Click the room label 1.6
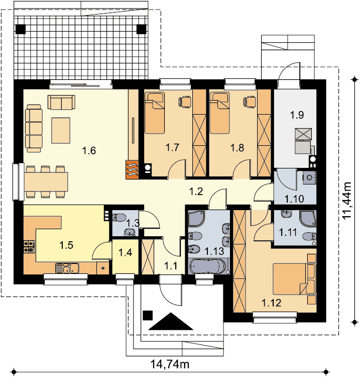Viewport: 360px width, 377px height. coord(89,151)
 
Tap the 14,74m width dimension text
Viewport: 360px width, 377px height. coord(170,364)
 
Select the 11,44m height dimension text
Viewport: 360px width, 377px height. coord(347,200)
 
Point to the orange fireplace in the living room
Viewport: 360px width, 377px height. coord(132,170)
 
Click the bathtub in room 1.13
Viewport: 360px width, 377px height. coord(208,266)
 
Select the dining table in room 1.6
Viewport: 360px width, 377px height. coord(46,181)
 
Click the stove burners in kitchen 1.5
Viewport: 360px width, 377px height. coord(29,247)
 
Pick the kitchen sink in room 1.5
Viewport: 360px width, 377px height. coord(67,268)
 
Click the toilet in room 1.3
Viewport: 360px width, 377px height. coord(118,218)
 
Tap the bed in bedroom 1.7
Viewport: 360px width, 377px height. coord(155,113)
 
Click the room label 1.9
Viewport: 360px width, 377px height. coord(297,115)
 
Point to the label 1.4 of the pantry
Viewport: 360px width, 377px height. coord(126,253)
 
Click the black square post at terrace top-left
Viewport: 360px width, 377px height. coord(21,29)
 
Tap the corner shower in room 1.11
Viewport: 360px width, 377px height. coord(308,219)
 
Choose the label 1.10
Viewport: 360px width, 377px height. coord(294,199)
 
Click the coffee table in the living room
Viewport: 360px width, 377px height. coord(61,131)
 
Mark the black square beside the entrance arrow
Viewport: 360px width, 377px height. coord(148,315)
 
